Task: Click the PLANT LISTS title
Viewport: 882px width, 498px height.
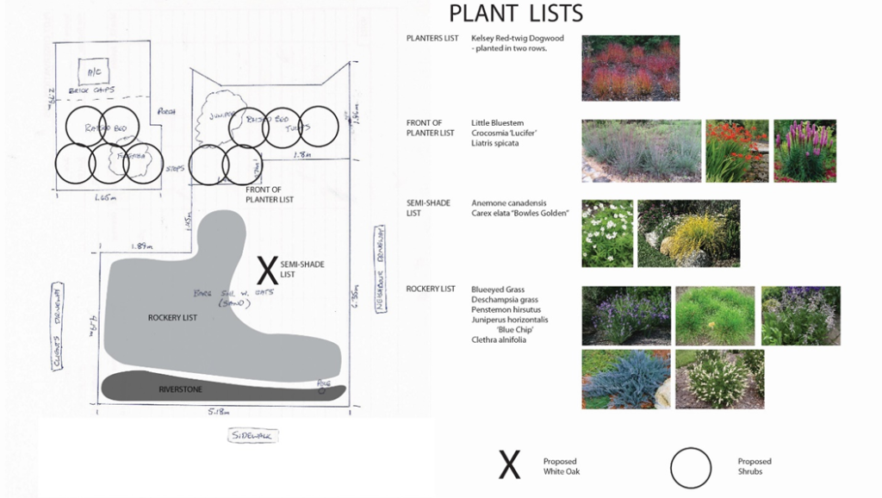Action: click(x=516, y=14)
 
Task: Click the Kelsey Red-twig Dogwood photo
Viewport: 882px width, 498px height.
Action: click(x=630, y=68)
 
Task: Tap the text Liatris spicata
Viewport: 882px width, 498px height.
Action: click(x=495, y=143)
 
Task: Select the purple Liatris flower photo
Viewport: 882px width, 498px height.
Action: click(x=804, y=150)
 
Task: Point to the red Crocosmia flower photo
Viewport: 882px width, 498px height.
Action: click(x=736, y=150)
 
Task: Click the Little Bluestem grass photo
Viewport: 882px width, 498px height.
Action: click(x=641, y=150)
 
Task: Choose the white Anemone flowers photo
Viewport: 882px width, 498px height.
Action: click(x=607, y=233)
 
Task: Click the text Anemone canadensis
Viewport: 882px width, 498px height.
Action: click(x=509, y=203)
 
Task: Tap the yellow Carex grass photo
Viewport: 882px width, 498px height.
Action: click(x=688, y=233)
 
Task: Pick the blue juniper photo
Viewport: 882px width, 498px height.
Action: click(x=625, y=378)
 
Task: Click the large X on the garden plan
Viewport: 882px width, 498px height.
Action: click(x=269, y=270)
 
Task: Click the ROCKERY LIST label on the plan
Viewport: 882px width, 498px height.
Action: click(x=172, y=318)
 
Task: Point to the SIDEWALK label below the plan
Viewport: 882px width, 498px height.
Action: click(x=252, y=436)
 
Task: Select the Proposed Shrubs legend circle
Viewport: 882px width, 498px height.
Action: click(x=691, y=469)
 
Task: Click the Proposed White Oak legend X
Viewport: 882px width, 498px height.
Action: click(x=510, y=465)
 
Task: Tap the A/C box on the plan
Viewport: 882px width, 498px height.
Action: click(x=92, y=69)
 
